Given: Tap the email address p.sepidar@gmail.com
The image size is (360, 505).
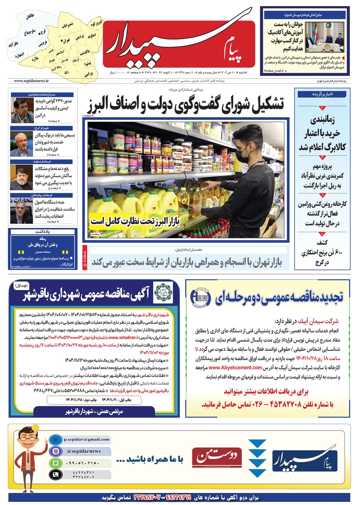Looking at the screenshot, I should click(x=86, y=439).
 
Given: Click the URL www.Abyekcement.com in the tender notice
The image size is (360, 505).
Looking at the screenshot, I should click(x=235, y=368).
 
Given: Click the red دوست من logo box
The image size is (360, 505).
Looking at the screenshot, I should click(x=217, y=456).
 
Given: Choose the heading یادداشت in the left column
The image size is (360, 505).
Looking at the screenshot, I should click(x=42, y=231).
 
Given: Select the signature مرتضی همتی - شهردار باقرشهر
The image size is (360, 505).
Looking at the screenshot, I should click(x=94, y=411).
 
